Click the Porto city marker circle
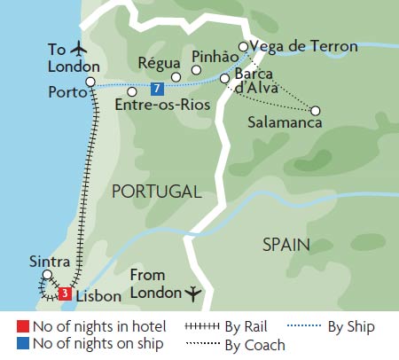[x=90, y=82]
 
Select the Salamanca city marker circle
[x=315, y=111]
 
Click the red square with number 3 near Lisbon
[x=64, y=293]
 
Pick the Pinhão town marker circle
[x=197, y=70]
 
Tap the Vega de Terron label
[x=304, y=46]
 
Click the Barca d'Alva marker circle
[x=224, y=79]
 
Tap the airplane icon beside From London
[x=193, y=292]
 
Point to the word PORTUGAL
[x=154, y=192]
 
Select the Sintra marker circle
[x=47, y=275]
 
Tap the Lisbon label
[x=90, y=293]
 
